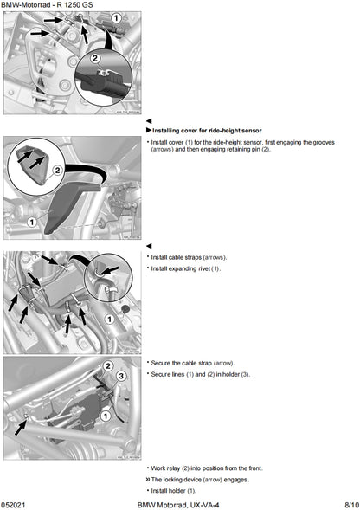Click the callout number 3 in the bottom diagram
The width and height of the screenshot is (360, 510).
click(x=123, y=377)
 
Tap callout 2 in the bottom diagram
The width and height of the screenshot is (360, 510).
click(x=108, y=366)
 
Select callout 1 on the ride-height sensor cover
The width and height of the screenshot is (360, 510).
click(x=32, y=223)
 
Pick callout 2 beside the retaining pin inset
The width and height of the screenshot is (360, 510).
click(x=57, y=171)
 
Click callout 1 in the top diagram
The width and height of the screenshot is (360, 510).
click(x=116, y=18)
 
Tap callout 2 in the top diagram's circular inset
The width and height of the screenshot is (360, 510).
click(x=96, y=60)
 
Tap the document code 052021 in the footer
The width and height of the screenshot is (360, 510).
click(x=16, y=503)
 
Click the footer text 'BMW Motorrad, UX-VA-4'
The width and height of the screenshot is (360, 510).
click(x=178, y=503)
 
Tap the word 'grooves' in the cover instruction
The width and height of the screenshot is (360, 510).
click(x=330, y=141)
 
